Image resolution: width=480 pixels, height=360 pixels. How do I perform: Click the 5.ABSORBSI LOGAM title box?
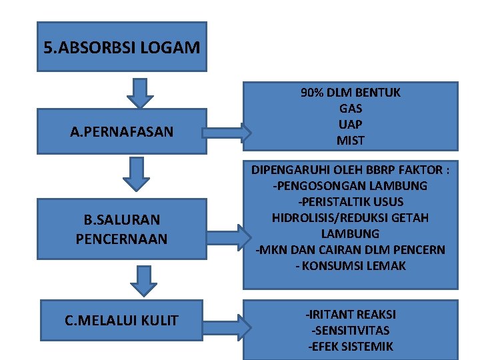(121, 47)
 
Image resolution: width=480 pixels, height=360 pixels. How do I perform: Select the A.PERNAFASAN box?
(121, 131)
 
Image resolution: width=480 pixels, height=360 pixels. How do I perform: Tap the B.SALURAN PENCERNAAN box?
(121, 228)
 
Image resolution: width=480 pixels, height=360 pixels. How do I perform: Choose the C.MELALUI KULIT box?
(121, 321)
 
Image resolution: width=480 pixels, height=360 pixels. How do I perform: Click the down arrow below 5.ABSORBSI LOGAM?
(140, 93)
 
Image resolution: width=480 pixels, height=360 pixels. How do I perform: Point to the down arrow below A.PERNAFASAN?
(136, 173)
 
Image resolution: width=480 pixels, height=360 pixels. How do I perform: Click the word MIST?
(350, 141)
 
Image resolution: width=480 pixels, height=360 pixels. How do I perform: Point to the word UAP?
(350, 125)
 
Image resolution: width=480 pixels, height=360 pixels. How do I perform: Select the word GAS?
(350, 109)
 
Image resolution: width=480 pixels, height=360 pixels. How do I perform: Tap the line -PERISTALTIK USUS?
(350, 201)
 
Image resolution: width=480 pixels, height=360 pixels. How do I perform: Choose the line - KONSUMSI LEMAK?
(350, 265)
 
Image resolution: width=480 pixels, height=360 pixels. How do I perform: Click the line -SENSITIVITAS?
(350, 330)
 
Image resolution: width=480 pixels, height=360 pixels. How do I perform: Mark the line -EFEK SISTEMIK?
(350, 346)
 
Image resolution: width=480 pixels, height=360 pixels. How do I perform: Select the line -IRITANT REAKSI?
(350, 314)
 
